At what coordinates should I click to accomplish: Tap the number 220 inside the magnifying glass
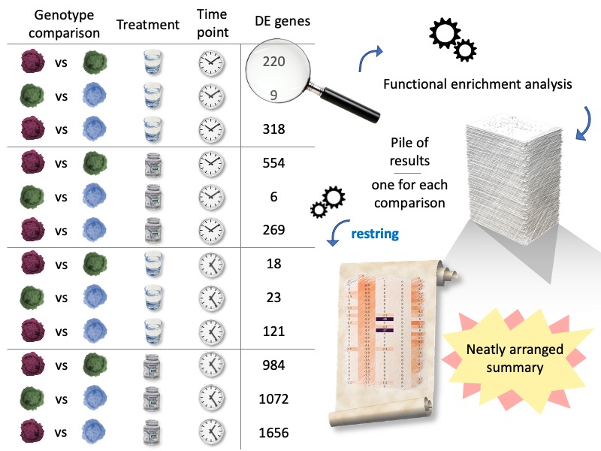(274, 62)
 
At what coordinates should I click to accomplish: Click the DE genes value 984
(274, 365)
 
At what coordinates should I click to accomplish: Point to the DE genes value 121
(274, 331)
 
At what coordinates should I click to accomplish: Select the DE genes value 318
(274, 129)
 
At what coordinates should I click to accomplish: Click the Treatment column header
(148, 25)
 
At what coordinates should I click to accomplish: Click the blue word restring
(375, 234)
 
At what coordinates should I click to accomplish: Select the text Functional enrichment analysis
(477, 84)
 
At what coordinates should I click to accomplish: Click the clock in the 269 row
(212, 230)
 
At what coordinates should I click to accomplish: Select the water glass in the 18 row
(153, 264)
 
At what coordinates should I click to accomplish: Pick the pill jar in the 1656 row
(153, 432)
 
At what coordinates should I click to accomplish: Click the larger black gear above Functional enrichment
(444, 35)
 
